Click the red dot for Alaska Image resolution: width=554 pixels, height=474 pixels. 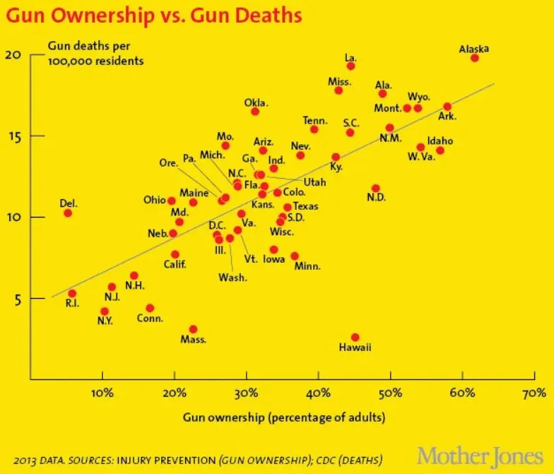click(x=475, y=58)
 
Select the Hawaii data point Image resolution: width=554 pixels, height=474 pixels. click(x=355, y=338)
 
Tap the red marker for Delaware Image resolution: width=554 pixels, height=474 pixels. click(x=68, y=213)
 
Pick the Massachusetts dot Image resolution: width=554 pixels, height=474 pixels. click(x=193, y=329)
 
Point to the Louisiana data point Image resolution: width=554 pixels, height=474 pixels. click(x=350, y=66)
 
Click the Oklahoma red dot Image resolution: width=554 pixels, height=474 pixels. click(x=255, y=112)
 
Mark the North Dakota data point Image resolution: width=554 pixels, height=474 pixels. click(x=375, y=189)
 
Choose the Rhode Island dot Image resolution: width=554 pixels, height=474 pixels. click(x=72, y=293)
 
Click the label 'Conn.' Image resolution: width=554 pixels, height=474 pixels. click(x=151, y=319)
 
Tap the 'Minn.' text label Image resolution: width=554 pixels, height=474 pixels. click(x=307, y=266)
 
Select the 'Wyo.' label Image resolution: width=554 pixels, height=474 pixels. click(x=418, y=97)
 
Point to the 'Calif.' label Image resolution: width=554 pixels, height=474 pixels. click(x=175, y=265)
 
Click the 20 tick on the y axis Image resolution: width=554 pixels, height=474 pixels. click(x=15, y=55)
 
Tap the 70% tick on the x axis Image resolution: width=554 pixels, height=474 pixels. click(x=534, y=392)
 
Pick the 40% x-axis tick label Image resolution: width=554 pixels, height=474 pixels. click(x=318, y=392)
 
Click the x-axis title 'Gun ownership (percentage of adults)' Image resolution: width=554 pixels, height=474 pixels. click(x=284, y=417)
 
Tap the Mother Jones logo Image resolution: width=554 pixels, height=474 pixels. click(x=481, y=454)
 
